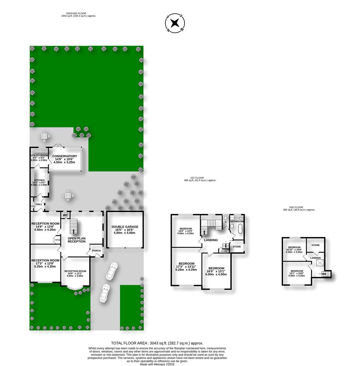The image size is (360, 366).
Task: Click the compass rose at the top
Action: pyautogui.click(x=175, y=23)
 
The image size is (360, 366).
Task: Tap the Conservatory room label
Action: pyautogui.click(x=64, y=156)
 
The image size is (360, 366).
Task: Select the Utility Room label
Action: pyautogui.click(x=39, y=155)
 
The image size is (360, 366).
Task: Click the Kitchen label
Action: pyautogui.click(x=39, y=180)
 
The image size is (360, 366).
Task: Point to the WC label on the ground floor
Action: pyautogui.click(x=65, y=215)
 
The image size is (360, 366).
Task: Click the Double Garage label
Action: pyautogui.click(x=125, y=227)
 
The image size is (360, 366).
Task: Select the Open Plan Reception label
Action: pyautogui.click(x=77, y=240)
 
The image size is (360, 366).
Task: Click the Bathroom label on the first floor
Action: pyautogui.click(x=237, y=221)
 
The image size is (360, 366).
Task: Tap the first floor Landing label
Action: pyautogui.click(x=211, y=240)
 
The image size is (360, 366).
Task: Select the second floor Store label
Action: pyautogui.click(x=316, y=245)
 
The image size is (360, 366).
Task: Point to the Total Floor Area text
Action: pyautogui.click(x=157, y=343)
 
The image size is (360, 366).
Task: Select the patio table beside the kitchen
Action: pyautogui.click(x=68, y=196)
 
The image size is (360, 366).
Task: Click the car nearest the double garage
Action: pyautogui.click(x=112, y=271)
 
